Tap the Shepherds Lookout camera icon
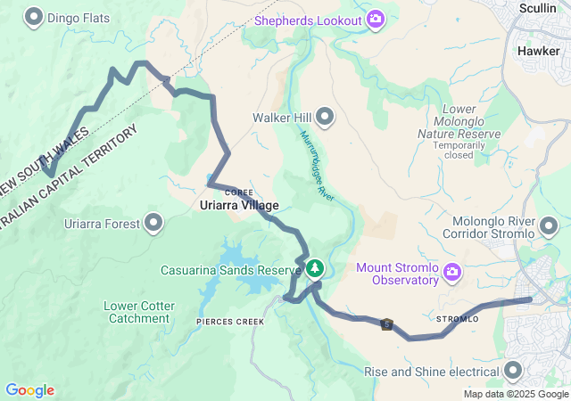coord(376,19)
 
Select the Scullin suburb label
coord(539,7)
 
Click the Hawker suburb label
coord(538,51)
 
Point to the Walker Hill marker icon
coord(326,117)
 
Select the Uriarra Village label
coord(238,205)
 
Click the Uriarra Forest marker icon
coord(154,222)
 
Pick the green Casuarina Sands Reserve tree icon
coord(314,268)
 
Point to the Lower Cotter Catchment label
coord(138,312)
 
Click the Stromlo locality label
coord(457,318)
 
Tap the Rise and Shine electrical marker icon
coord(514,371)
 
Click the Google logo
coord(29,390)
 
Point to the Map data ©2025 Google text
coord(515,394)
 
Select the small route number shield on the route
coord(386,324)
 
